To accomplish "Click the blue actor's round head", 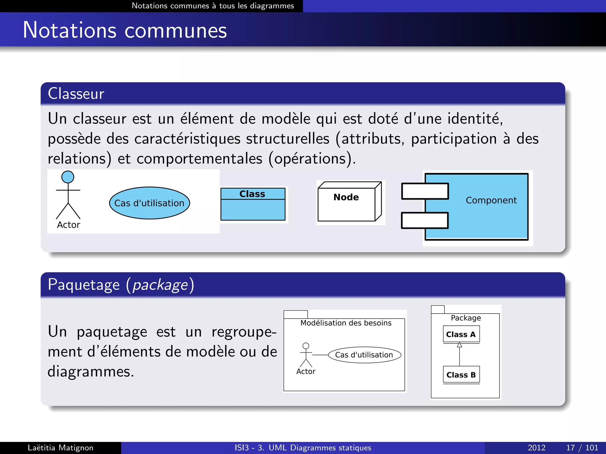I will pyautogui.click(x=68, y=177).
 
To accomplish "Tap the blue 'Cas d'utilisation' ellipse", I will pyautogui.click(x=149, y=203).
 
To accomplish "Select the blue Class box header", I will pyautogui.click(x=253, y=194).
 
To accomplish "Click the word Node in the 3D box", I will pyautogui.click(x=346, y=197).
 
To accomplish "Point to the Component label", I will pyautogui.click(x=491, y=200).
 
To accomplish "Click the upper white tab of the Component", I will pyautogui.click(x=425, y=191).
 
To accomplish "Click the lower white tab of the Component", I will pyautogui.click(x=425, y=220).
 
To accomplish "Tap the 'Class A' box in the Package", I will pyautogui.click(x=461, y=334).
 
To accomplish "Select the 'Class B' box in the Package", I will pyautogui.click(x=461, y=375).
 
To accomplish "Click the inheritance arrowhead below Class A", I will pyautogui.click(x=459, y=345).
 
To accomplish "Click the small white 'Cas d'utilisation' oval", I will pyautogui.click(x=364, y=355).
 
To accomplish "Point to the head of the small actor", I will pyautogui.click(x=306, y=346).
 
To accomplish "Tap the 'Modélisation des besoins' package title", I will pyautogui.click(x=346, y=323).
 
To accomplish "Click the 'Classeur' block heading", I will pyautogui.click(x=76, y=93).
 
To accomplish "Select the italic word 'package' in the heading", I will pyautogui.click(x=160, y=285).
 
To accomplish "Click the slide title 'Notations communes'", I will pyautogui.click(x=125, y=30).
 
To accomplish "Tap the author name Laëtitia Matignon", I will pyautogui.click(x=60, y=447).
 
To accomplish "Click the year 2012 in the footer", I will pyautogui.click(x=536, y=447).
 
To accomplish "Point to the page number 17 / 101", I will pyautogui.click(x=582, y=447).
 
